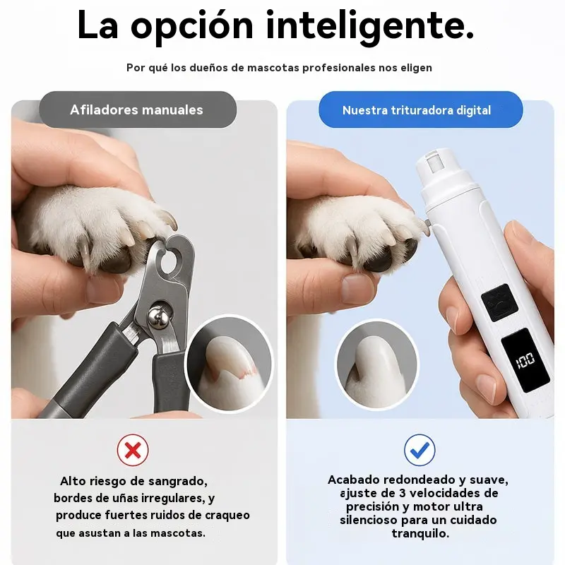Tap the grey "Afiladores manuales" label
pos(138,109)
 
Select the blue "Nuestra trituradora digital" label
pos(420,109)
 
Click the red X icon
pos(133,450)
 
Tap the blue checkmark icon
pos(420,450)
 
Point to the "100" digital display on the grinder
pos(525,359)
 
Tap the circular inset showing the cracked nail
pos(230,363)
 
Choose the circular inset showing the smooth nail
pos(377,364)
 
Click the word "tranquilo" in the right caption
pos(420,533)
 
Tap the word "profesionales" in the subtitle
pos(339,68)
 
